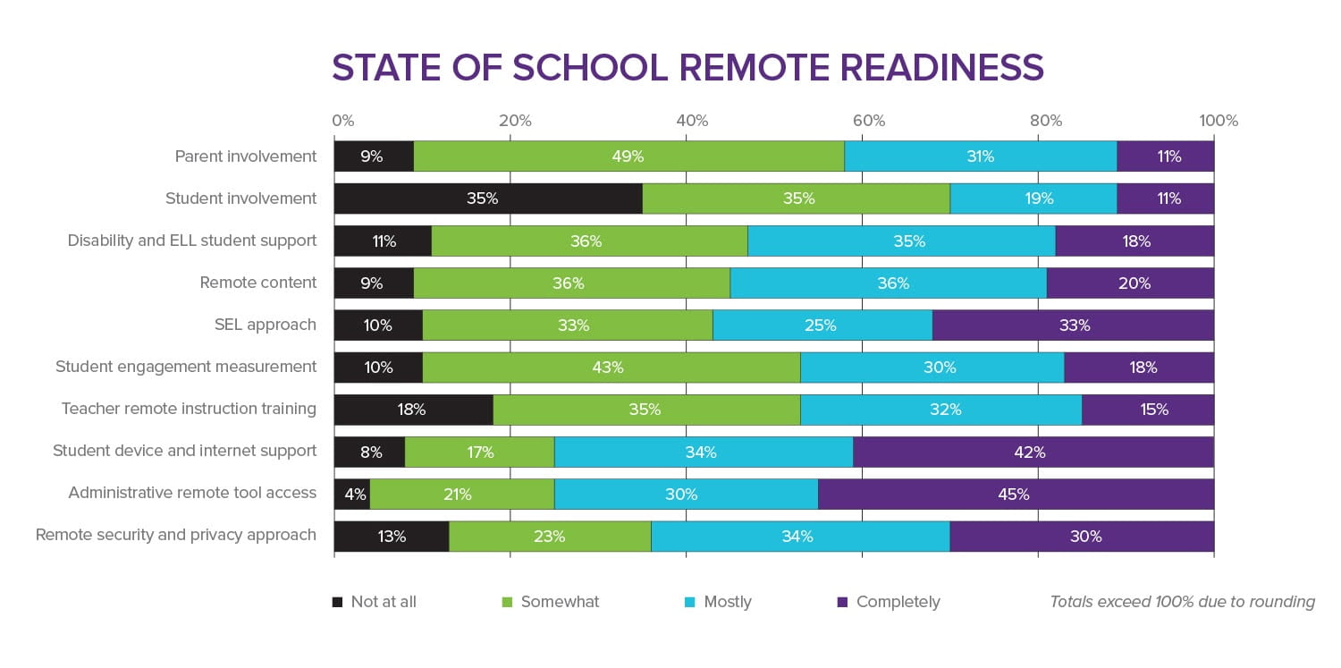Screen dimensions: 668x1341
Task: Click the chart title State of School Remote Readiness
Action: pyautogui.click(x=687, y=68)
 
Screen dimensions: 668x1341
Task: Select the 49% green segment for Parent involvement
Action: pyautogui.click(x=628, y=156)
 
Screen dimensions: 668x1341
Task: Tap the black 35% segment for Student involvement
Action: pyautogui.click(x=487, y=199)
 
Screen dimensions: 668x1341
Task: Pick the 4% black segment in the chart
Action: pyautogui.click(x=352, y=494)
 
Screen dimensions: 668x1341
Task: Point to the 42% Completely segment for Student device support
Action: pyautogui.click(x=1033, y=452)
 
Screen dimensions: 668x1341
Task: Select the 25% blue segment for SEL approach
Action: pyautogui.click(x=822, y=326)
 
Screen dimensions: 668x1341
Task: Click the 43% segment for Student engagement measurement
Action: pyautogui.click(x=611, y=368)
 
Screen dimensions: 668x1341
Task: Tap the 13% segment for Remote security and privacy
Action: pyautogui.click(x=392, y=537)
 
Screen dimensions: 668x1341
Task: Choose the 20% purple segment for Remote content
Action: pyautogui.click(x=1130, y=283)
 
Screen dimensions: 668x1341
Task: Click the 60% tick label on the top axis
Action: pyautogui.click(x=868, y=121)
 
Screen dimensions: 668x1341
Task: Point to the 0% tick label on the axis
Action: pyautogui.click(x=342, y=121)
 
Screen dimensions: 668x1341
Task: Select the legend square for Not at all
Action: pyautogui.click(x=337, y=602)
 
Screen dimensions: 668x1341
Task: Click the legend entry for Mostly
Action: pyautogui.click(x=727, y=602)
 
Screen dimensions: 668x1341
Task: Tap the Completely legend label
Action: pyautogui.click(x=898, y=602)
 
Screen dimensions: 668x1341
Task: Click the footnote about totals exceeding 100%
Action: pyautogui.click(x=1182, y=602)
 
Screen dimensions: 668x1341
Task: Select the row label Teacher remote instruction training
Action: pyautogui.click(x=189, y=409)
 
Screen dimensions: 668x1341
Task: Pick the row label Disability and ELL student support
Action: pyautogui.click(x=192, y=241)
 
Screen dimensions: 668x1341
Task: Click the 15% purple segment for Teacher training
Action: pyautogui.click(x=1147, y=410)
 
